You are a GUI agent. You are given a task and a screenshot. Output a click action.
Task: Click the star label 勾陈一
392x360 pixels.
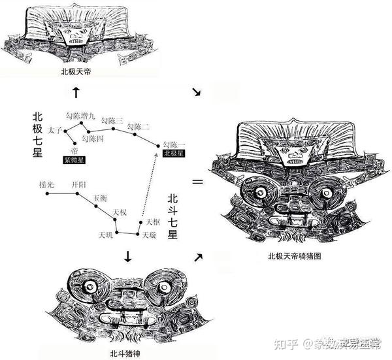pos(174,144)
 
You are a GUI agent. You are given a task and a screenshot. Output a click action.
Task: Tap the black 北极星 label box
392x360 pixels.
pos(174,154)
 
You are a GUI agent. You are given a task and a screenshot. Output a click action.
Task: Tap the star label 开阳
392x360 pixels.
pos(78,184)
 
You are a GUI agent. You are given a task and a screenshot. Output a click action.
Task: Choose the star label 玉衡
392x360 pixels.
pos(100,197)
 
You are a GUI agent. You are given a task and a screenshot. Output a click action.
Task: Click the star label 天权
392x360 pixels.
pos(120,212)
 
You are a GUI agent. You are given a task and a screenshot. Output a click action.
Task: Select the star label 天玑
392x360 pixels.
pos(106,234)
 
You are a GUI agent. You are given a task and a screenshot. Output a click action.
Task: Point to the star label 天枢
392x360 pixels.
pos(153,222)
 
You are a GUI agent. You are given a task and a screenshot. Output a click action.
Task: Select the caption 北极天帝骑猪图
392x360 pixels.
pos(295,257)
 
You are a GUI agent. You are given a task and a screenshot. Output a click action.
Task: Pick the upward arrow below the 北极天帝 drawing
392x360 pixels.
pos(76,92)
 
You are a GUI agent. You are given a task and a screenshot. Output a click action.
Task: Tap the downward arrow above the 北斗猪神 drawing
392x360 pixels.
pos(127,259)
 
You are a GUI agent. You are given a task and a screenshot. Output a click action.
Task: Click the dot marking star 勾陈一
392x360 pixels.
pos(158,146)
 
